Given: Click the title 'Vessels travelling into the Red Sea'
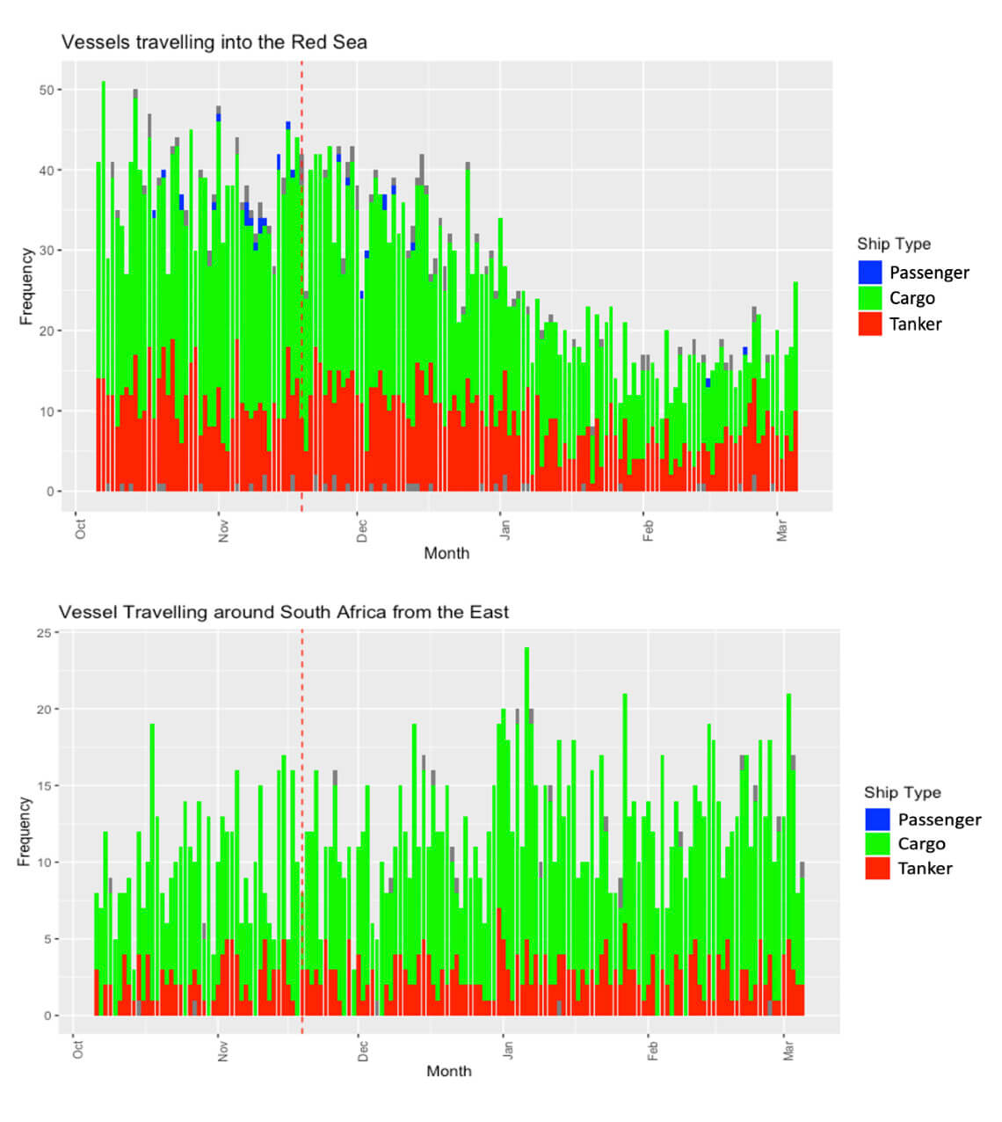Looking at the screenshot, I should point(214,42).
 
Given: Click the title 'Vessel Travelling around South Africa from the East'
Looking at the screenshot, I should point(283,612).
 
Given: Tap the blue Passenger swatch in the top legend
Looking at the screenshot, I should point(870,273).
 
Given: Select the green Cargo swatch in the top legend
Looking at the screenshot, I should point(870,298).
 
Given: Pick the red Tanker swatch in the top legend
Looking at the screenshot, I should point(870,324).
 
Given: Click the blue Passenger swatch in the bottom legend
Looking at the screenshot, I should point(877,820).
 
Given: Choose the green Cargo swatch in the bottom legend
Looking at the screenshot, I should point(877,844).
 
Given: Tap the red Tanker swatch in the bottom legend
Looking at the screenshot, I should point(877,869).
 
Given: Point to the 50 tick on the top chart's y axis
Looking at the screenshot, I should point(45,90).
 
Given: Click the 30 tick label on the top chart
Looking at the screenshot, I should point(45,251).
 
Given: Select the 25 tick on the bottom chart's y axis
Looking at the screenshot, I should point(42,633).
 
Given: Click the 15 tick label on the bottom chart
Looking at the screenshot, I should point(42,786).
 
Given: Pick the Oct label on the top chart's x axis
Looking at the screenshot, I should point(81,529).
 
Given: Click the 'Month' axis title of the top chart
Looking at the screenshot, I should point(447,553).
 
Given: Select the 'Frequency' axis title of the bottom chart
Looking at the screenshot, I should point(24,832).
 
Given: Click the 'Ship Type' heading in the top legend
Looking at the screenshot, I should point(894,244).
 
